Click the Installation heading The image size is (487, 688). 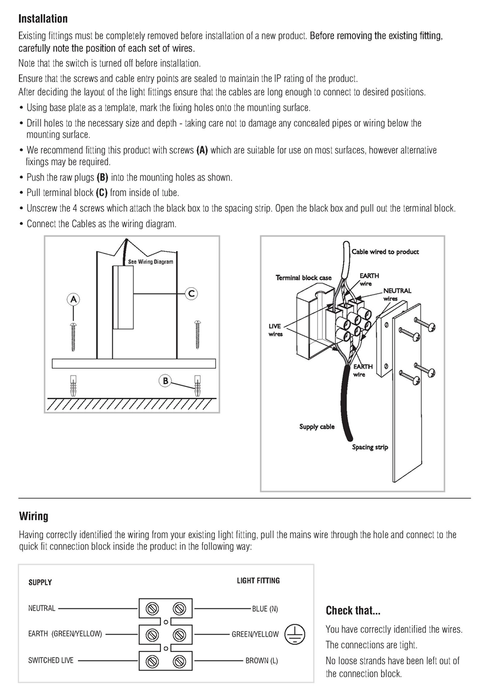(43, 19)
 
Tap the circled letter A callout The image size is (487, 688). (73, 299)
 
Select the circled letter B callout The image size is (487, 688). (166, 381)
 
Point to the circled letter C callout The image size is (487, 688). (191, 294)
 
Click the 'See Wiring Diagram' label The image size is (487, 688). (151, 261)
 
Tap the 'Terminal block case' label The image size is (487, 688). (304, 278)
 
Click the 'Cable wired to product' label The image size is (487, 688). (385, 252)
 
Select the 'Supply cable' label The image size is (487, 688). (317, 427)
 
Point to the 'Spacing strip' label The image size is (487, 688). (370, 447)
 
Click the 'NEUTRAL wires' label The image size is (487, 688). (398, 295)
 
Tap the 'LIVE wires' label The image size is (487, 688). (275, 330)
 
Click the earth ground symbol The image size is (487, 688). (295, 634)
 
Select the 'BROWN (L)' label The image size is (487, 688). (262, 660)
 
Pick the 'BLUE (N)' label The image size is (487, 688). (265, 609)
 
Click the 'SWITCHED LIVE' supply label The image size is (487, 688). (51, 660)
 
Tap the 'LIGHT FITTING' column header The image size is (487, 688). (258, 580)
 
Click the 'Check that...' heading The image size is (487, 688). (353, 610)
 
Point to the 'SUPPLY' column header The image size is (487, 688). (40, 583)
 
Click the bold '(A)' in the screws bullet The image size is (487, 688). (202, 150)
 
